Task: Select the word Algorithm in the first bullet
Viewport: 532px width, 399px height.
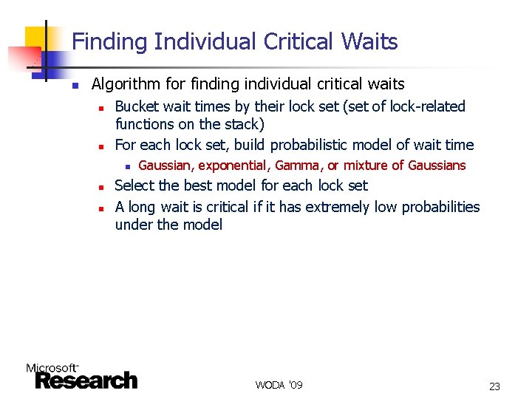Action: [123, 84]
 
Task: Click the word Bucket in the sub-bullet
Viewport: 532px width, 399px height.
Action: [137, 106]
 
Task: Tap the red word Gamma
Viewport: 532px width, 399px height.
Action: [297, 166]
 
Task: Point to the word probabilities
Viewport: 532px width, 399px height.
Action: [440, 207]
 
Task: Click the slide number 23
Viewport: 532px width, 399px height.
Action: [494, 386]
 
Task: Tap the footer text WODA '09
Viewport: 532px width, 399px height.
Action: [279, 385]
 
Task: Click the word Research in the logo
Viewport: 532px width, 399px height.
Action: [86, 381]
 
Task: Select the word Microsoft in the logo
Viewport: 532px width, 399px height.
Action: [51, 368]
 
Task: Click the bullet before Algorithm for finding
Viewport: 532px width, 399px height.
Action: [75, 85]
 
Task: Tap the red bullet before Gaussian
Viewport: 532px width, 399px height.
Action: [127, 166]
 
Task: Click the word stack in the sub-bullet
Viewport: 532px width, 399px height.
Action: [240, 124]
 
